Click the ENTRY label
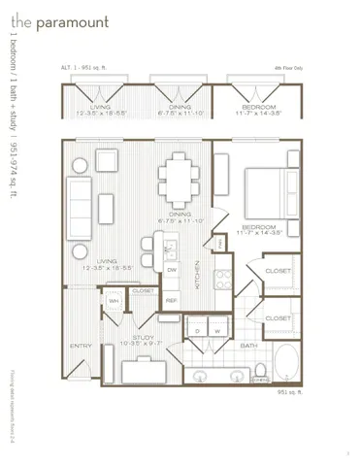80,346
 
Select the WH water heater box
114,301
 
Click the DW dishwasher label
171,271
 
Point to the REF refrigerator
171,300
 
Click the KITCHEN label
197,276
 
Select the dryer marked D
197,331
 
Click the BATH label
248,345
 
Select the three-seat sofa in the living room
79,202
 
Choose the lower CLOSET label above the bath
278,317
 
